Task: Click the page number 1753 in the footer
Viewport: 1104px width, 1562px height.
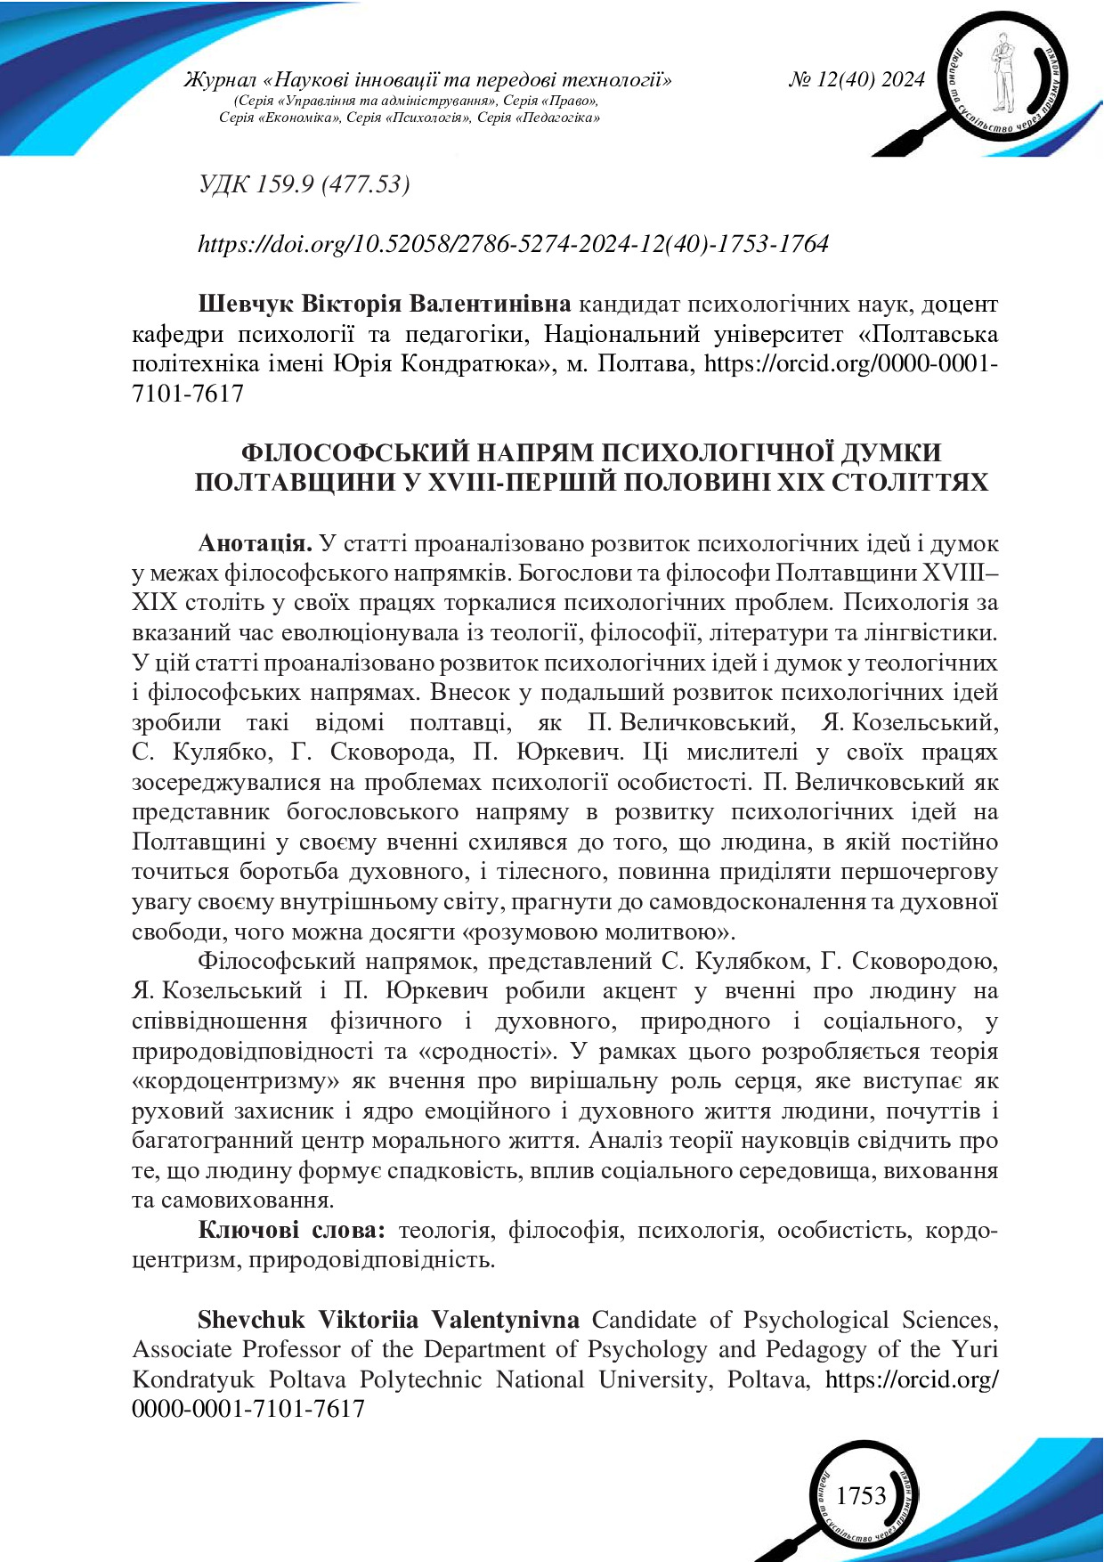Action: pyautogui.click(x=861, y=1494)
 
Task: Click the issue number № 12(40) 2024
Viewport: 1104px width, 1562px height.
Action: pyautogui.click(x=856, y=80)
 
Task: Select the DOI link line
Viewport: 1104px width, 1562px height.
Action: pyautogui.click(x=513, y=243)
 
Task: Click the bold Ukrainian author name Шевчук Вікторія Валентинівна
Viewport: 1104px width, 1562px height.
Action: pyautogui.click(x=384, y=305)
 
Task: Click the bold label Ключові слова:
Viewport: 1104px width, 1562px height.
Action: pyautogui.click(x=291, y=1231)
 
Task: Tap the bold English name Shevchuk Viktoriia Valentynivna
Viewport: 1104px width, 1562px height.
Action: pyautogui.click(x=388, y=1320)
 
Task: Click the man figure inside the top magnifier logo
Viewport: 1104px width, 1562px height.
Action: pyautogui.click(x=1004, y=76)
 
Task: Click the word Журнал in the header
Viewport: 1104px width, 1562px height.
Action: pyautogui.click(x=214, y=80)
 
